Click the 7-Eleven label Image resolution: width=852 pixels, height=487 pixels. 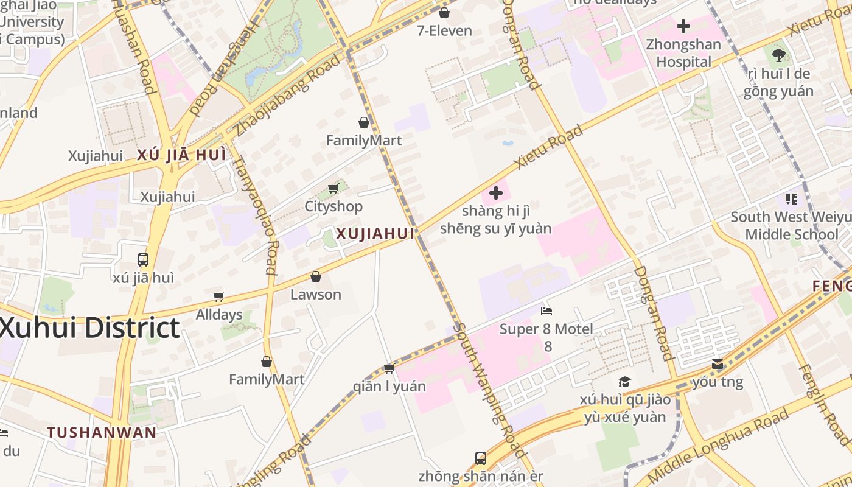coord(444,30)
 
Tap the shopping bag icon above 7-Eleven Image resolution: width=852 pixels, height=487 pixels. coord(444,12)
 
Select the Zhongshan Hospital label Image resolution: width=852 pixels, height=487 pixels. coord(683,53)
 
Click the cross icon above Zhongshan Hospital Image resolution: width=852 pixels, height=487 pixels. coord(683,26)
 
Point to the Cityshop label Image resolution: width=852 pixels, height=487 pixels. coord(333,206)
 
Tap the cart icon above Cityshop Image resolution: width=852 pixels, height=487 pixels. coord(333,188)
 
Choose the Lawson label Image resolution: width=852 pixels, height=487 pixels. coord(315,295)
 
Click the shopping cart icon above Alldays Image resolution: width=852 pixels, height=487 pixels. coord(219,296)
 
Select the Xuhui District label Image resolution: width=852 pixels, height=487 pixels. coord(89,328)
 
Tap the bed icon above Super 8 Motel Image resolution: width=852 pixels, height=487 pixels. coord(546,311)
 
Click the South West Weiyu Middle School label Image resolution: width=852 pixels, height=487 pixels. coord(791,226)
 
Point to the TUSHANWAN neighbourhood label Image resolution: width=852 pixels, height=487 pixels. coord(102,433)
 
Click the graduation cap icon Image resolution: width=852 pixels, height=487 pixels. coord(624,382)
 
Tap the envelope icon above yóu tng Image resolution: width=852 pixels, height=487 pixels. coord(718,364)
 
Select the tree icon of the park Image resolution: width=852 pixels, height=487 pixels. coord(778,55)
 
